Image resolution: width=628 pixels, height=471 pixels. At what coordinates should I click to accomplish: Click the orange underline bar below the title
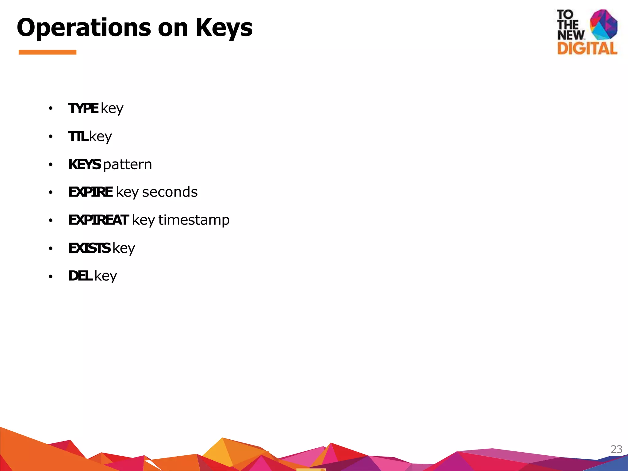click(x=48, y=52)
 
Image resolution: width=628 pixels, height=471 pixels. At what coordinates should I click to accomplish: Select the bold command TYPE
click(x=83, y=108)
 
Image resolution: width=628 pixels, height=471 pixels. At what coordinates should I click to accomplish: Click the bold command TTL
click(x=78, y=136)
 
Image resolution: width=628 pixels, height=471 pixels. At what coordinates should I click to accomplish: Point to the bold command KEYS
click(x=84, y=164)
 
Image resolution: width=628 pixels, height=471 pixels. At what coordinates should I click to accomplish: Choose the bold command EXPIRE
click(x=90, y=192)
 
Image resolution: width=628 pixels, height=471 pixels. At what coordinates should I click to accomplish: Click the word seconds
click(x=170, y=192)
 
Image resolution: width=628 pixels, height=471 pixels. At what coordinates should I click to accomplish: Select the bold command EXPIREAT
click(x=98, y=220)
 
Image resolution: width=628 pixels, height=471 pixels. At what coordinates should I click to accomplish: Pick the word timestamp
click(x=194, y=220)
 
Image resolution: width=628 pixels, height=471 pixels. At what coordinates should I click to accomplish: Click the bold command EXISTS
click(x=89, y=248)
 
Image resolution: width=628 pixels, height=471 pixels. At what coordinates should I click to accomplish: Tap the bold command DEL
click(x=80, y=276)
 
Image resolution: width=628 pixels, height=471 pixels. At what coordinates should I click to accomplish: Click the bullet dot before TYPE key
click(x=51, y=109)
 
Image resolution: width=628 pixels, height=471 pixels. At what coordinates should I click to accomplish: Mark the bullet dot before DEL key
click(x=51, y=277)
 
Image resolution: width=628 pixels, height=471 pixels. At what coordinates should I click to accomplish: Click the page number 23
click(x=616, y=449)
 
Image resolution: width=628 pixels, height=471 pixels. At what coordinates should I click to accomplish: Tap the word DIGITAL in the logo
click(x=587, y=48)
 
